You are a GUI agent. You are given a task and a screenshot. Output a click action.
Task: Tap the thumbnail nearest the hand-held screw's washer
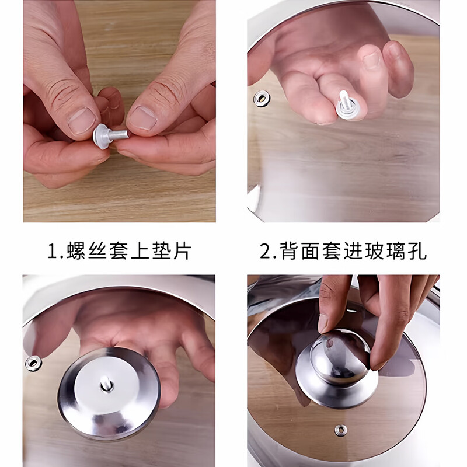click(82, 120)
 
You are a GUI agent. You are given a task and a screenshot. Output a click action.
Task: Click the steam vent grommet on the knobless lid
click(260, 97)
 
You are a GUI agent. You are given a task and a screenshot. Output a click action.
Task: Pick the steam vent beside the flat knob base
click(33, 363)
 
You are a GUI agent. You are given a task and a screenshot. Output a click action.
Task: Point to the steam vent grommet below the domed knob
click(341, 430)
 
